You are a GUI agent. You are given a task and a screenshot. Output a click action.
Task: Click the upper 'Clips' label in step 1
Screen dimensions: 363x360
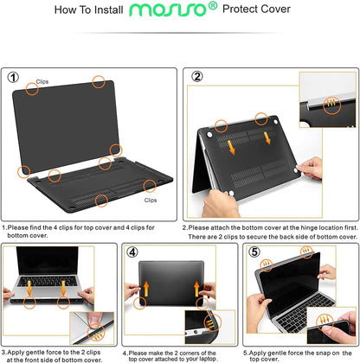click(x=42, y=81)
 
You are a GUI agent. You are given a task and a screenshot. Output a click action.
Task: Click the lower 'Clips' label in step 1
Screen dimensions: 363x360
click(x=151, y=199)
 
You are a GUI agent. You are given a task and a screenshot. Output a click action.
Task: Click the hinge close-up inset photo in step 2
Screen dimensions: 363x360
click(x=328, y=100)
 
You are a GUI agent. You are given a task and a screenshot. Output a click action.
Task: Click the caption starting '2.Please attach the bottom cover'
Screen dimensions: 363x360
click(x=269, y=232)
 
